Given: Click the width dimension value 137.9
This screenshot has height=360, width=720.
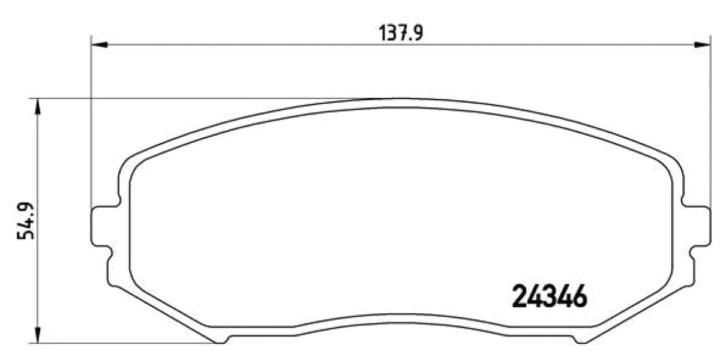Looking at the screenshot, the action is click(401, 34).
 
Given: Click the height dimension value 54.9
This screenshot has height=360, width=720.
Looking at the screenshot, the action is click(26, 221).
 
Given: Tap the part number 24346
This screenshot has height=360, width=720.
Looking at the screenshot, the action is click(550, 296).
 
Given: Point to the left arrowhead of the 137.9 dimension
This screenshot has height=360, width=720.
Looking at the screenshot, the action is click(100, 44).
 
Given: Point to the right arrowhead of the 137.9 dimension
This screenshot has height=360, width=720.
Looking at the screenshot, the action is click(703, 44).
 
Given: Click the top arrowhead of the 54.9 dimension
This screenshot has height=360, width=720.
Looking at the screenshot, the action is click(38, 106).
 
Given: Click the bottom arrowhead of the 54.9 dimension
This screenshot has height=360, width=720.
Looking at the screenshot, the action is click(38, 335).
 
